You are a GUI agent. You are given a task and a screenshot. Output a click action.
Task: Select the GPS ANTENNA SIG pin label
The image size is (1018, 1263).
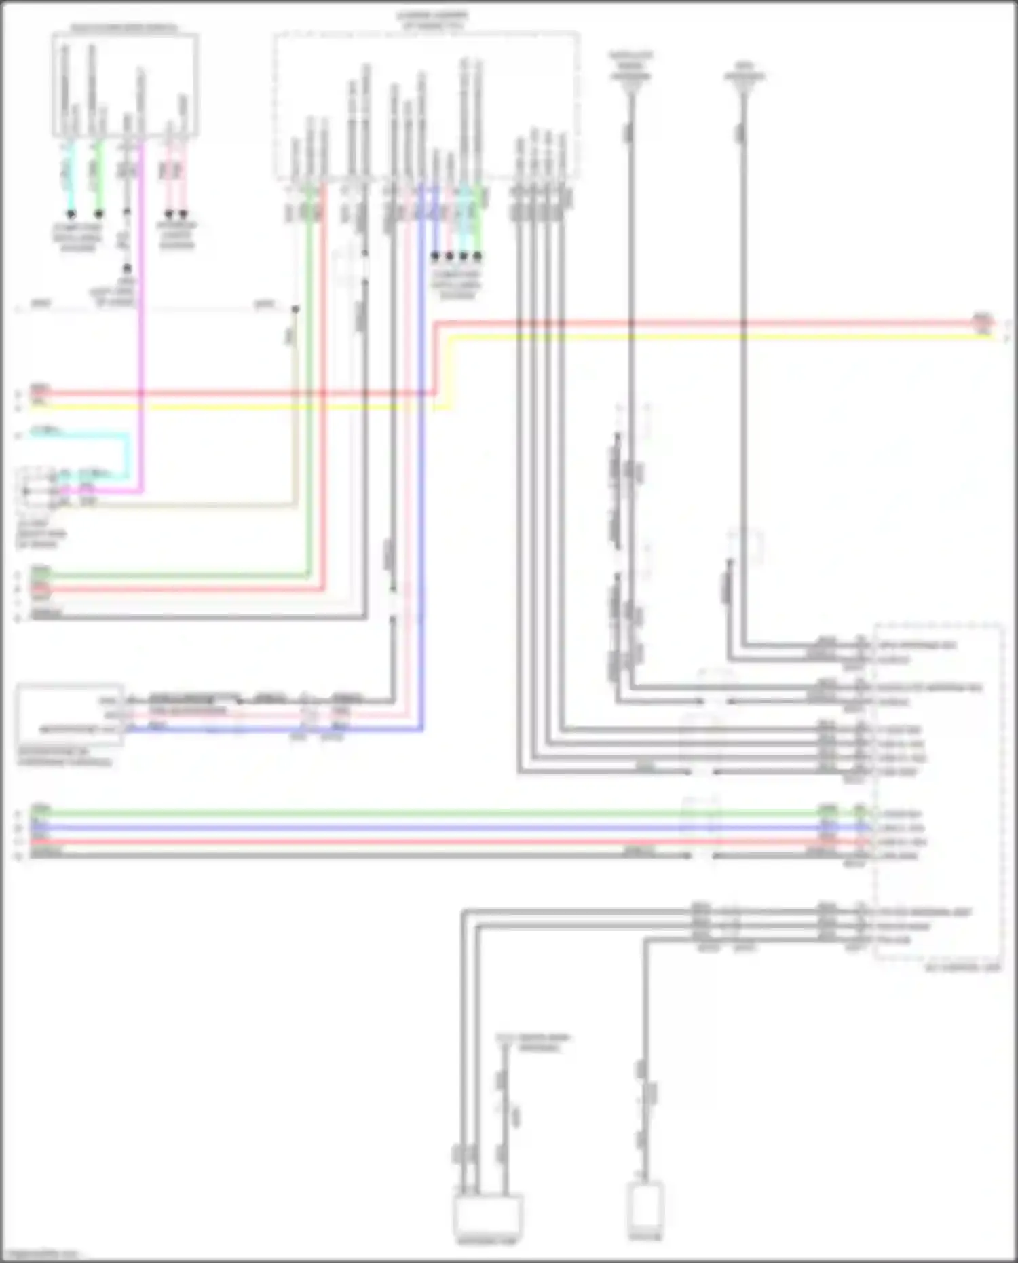(916, 645)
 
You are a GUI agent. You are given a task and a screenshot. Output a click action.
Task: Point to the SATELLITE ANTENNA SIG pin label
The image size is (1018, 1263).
(929, 687)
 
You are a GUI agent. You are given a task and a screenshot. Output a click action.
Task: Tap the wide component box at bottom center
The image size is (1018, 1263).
(488, 1215)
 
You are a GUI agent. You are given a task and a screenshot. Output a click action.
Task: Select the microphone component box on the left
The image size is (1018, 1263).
(71, 714)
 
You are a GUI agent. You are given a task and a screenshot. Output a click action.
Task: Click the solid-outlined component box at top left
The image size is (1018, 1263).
(126, 85)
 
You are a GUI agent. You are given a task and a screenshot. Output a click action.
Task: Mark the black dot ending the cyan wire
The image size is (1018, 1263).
(70, 214)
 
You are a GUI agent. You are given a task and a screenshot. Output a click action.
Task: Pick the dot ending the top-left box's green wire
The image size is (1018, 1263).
(99, 214)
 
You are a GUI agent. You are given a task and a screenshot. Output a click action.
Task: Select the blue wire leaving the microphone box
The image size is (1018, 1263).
(271, 730)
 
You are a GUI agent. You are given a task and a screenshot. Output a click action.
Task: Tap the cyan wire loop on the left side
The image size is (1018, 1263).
(127, 455)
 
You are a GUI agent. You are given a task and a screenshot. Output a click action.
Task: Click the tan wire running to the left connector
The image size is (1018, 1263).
(204, 505)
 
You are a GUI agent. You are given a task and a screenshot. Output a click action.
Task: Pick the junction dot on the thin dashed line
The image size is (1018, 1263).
(295, 309)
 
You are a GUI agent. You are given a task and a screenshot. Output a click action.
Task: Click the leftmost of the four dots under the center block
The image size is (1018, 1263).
(436, 257)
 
